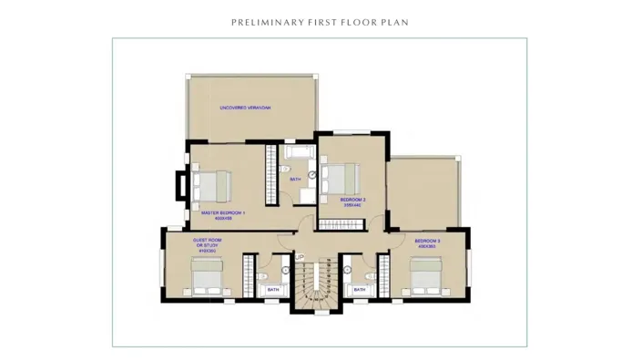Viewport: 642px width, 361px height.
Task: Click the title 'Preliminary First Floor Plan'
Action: click(320, 21)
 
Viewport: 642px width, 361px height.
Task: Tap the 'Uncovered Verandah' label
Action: click(246, 108)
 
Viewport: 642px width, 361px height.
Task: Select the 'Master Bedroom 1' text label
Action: click(223, 213)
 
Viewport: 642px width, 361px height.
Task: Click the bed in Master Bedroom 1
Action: click(207, 188)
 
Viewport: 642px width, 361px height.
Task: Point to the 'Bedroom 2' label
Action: click(353, 199)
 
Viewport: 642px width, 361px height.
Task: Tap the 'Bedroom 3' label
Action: click(428, 241)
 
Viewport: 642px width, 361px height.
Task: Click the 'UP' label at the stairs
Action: click(300, 257)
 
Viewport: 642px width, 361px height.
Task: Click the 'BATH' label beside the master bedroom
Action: click(295, 179)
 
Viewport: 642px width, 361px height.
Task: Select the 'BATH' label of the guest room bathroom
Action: click(273, 290)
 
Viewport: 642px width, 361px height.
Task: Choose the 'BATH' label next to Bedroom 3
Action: click(360, 290)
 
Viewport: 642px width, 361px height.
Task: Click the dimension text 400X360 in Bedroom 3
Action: click(428, 246)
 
